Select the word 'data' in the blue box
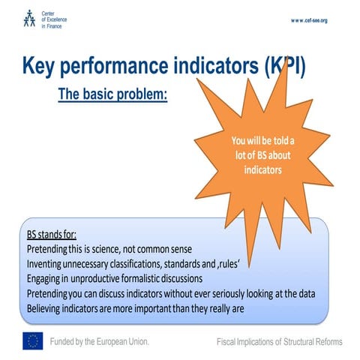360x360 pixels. point(295,294)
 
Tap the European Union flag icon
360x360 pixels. point(32,341)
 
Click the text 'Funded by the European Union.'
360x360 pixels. point(99,341)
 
